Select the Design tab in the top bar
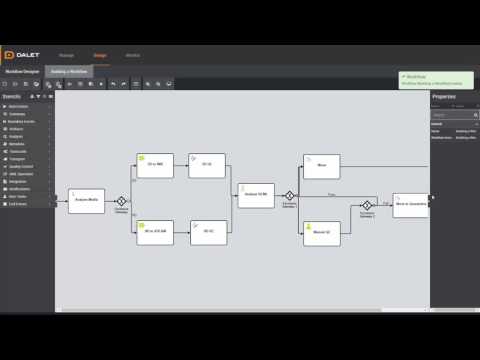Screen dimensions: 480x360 click(x=99, y=55)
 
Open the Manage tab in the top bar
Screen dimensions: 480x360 click(x=66, y=55)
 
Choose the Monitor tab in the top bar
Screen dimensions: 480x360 click(x=132, y=55)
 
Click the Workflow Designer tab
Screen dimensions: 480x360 click(x=21, y=72)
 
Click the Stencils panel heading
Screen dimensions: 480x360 click(x=14, y=96)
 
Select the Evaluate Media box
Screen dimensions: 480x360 click(x=86, y=200)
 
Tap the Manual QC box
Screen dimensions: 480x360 click(x=322, y=233)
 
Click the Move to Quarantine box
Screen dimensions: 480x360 click(x=410, y=204)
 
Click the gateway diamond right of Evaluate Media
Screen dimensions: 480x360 click(x=121, y=200)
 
